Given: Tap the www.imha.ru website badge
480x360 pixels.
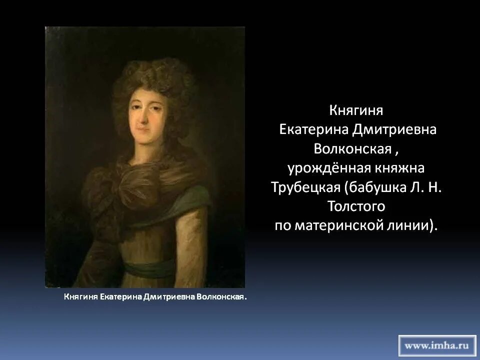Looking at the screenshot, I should (x=437, y=345).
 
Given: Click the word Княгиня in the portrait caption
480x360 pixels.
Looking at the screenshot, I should (x=80, y=297).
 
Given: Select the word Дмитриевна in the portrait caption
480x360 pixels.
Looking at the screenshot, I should (x=169, y=297).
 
